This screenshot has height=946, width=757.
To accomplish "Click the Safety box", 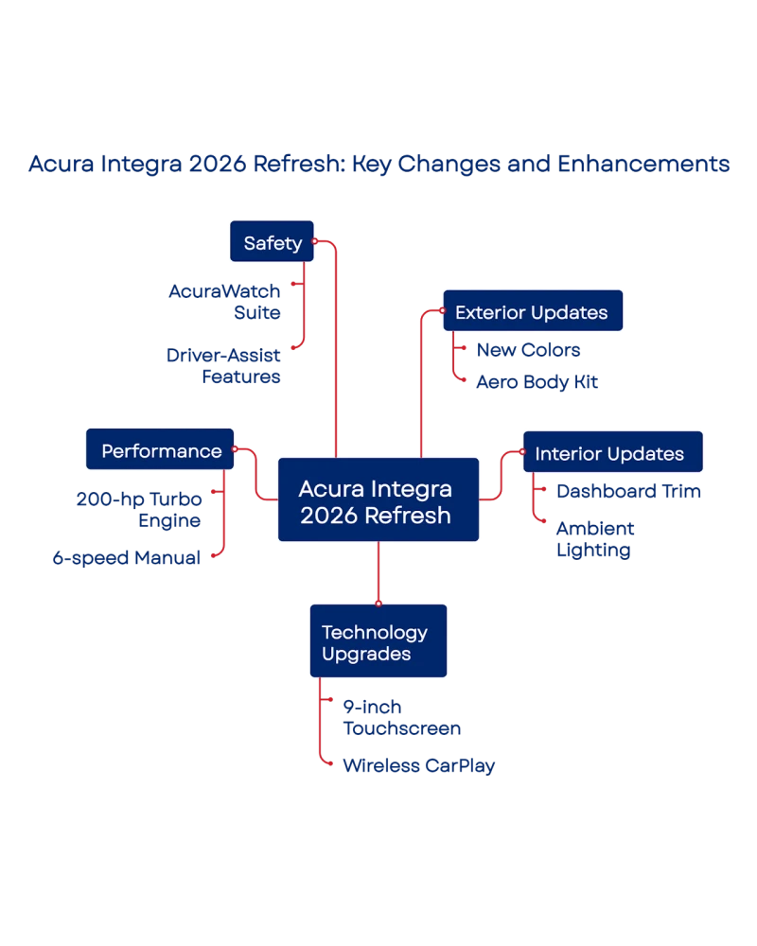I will (272, 242).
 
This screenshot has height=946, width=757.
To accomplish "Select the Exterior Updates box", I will (532, 312).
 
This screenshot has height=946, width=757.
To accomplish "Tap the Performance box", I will (161, 451).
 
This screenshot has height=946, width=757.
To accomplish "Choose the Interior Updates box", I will (609, 453).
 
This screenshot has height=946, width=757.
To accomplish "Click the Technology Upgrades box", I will (378, 642).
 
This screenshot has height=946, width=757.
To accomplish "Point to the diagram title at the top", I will (378, 164).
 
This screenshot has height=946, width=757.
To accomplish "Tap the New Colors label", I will (528, 351).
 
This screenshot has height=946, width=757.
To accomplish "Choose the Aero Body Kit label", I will (538, 382).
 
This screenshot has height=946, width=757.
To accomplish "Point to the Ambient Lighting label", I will (594, 538).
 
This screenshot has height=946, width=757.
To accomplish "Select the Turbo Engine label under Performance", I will (140, 509).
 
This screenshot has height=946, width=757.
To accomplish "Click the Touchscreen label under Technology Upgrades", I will (401, 718).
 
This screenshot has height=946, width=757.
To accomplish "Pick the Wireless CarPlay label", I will (417, 765).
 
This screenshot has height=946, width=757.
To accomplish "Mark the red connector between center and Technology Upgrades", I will (378, 571).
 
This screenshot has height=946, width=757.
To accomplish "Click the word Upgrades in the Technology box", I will (366, 654).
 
